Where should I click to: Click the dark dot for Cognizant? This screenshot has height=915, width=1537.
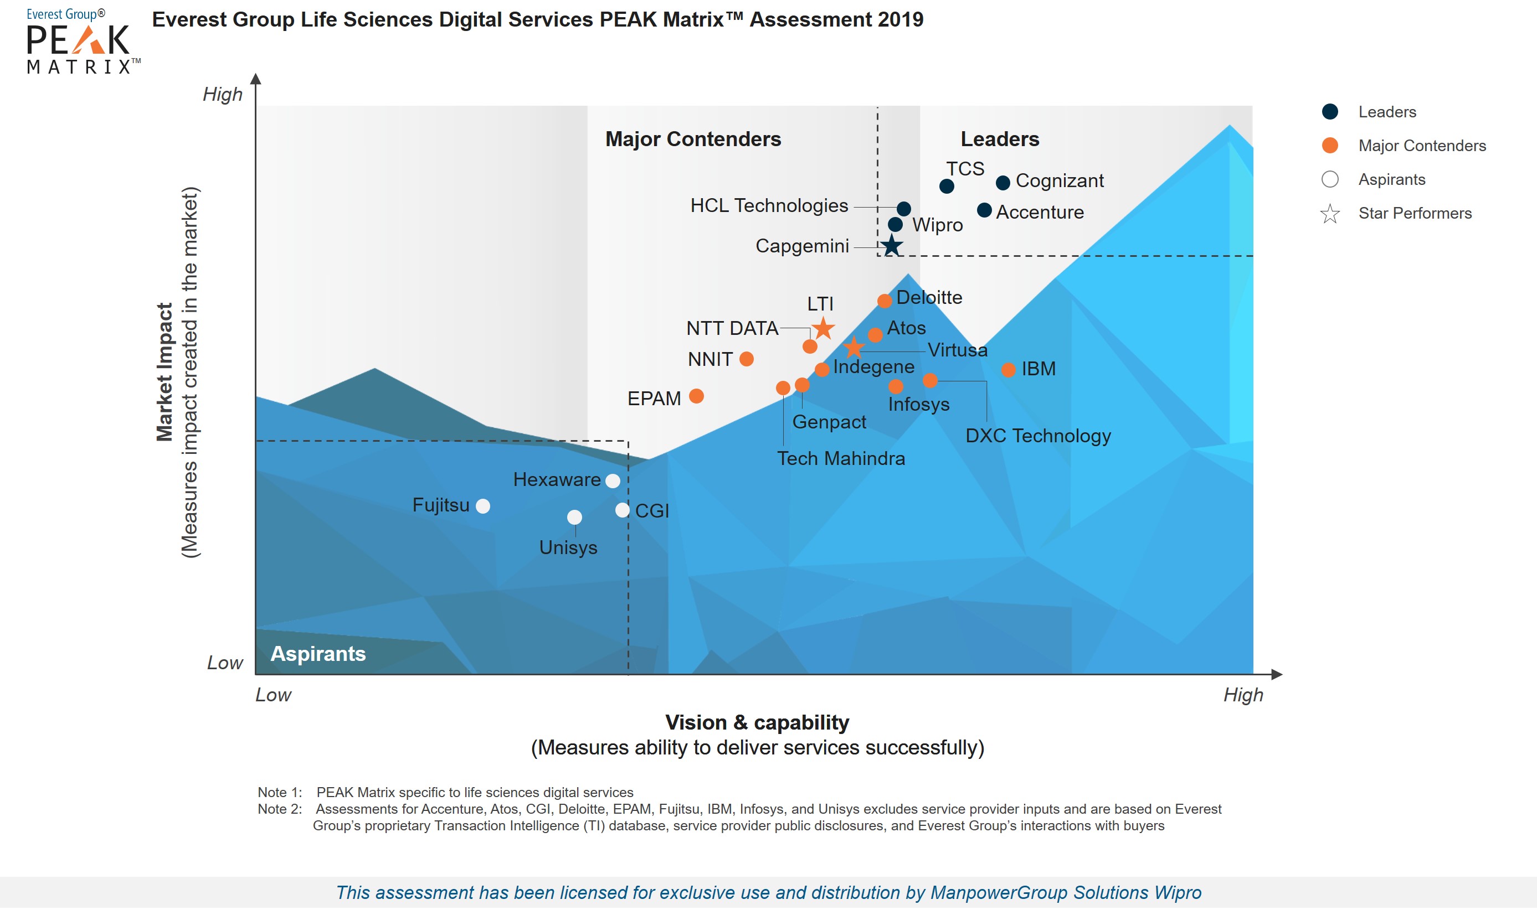pyautogui.click(x=1003, y=183)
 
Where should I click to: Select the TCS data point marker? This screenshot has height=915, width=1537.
pyautogui.click(x=947, y=186)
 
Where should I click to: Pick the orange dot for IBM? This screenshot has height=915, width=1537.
pyautogui.click(x=1009, y=370)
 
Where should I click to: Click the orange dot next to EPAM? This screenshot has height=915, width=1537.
pyautogui.click(x=696, y=396)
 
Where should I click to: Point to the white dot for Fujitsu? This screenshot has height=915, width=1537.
pyautogui.click(x=483, y=506)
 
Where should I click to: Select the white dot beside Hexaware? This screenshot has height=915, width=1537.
pyautogui.click(x=613, y=481)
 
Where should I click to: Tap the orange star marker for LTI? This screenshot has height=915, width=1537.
pyautogui.click(x=823, y=329)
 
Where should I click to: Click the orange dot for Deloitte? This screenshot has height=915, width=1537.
pyautogui.click(x=885, y=301)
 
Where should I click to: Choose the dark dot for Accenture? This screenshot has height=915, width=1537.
pyautogui.click(x=984, y=211)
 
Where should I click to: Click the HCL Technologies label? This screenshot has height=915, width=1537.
pyautogui.click(x=769, y=206)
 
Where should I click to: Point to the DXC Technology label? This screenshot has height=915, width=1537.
pyautogui.click(x=1038, y=436)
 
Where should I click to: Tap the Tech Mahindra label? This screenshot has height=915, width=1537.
pyautogui.click(x=841, y=459)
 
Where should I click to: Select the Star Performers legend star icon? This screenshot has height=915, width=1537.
pyautogui.click(x=1330, y=214)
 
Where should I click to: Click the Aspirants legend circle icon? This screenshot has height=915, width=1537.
pyautogui.click(x=1330, y=179)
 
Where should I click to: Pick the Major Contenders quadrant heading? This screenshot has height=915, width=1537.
pyautogui.click(x=693, y=139)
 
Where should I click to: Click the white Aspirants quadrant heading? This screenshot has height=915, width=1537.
pyautogui.click(x=318, y=654)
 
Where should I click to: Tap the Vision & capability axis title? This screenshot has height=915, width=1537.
pyautogui.click(x=757, y=722)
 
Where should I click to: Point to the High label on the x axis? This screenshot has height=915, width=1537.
pyautogui.click(x=1243, y=695)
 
